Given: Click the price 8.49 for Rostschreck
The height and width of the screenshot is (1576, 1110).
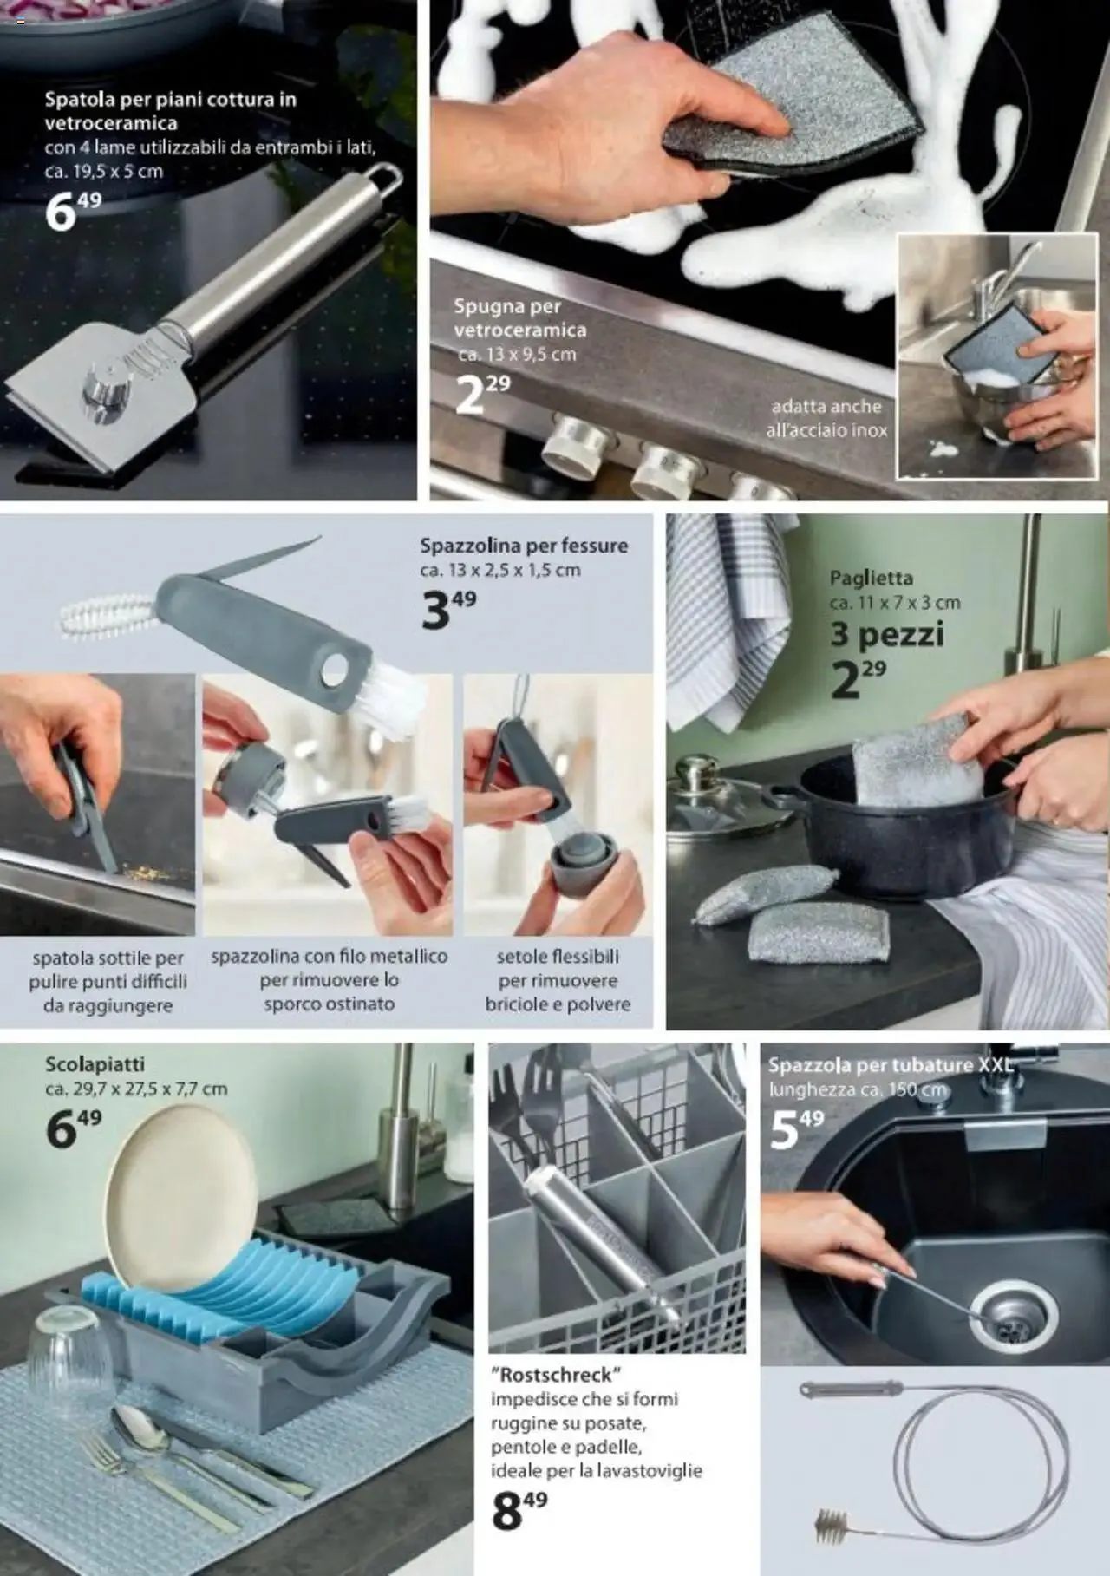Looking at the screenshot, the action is [519, 1511].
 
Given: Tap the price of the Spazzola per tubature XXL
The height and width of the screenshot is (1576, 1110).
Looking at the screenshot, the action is [797, 1128].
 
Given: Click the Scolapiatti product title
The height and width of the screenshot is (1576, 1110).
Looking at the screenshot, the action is [95, 1063].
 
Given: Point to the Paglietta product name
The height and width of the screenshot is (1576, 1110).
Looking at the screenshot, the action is [871, 578].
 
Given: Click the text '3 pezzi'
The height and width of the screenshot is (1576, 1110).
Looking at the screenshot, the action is [887, 634].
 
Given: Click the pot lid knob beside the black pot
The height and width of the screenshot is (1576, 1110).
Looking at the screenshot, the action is [695, 768].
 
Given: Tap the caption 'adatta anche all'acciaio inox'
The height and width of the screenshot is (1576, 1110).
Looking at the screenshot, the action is [826, 418].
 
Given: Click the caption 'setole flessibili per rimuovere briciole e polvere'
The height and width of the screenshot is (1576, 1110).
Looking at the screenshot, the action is [558, 980].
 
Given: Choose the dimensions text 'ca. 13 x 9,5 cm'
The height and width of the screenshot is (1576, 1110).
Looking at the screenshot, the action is [517, 354].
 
